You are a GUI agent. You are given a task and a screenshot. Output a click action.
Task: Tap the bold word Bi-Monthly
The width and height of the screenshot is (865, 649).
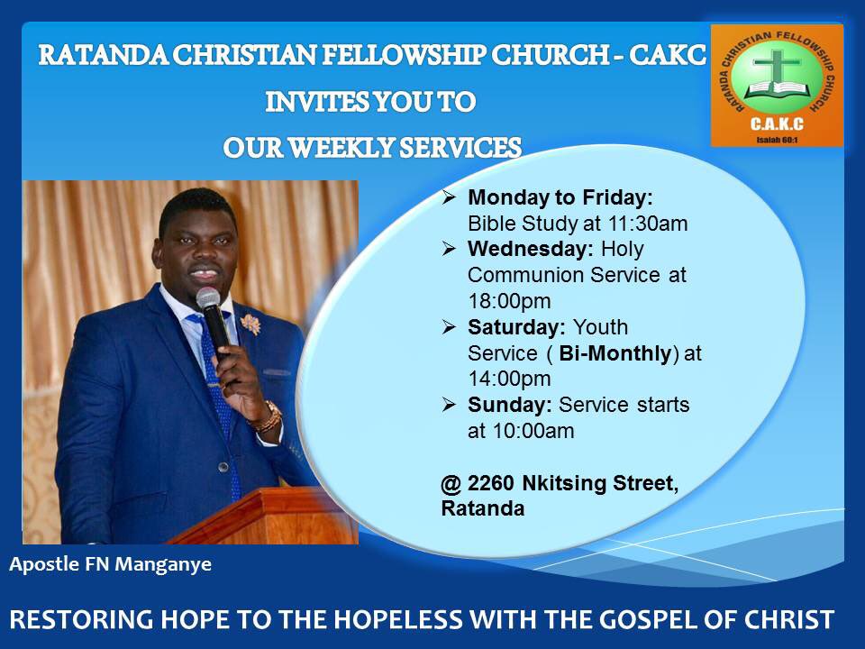(x=623, y=353)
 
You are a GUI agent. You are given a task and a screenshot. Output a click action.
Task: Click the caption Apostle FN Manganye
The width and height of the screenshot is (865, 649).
(x=111, y=566)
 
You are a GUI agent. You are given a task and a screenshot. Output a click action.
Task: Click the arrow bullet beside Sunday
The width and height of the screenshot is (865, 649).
(x=449, y=405)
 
